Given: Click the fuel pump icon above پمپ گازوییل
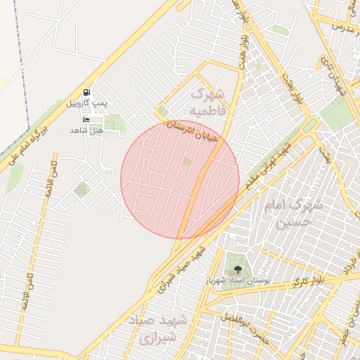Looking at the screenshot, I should [x=86, y=92].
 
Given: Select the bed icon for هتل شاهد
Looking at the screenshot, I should [x=86, y=120].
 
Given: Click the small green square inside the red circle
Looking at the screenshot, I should [x=186, y=162].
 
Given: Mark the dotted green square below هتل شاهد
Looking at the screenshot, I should [x=82, y=189].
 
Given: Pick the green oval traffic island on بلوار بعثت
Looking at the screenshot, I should [x=309, y=127].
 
